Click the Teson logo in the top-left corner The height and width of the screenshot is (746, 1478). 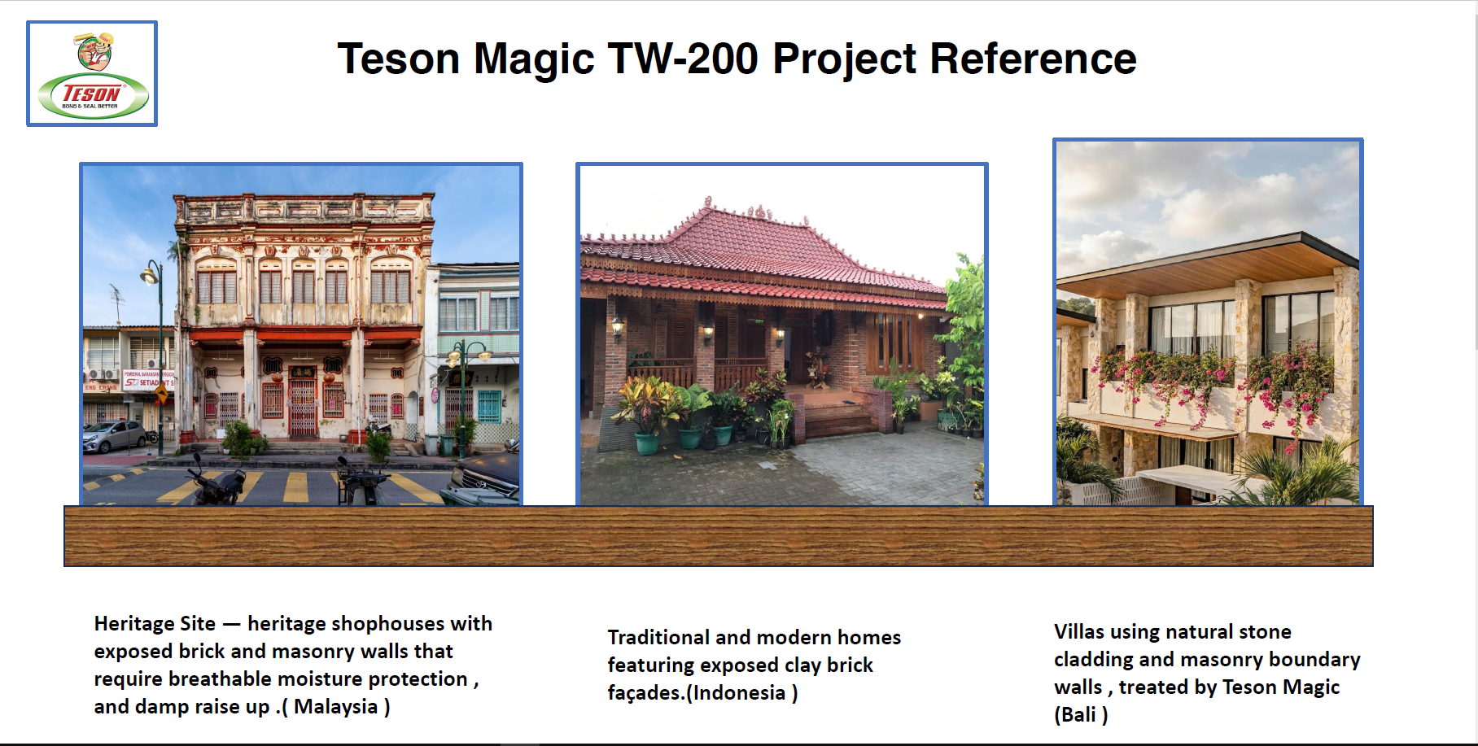click(x=92, y=74)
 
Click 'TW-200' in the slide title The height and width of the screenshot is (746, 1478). click(x=683, y=59)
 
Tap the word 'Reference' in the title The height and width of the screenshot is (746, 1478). click(x=1033, y=59)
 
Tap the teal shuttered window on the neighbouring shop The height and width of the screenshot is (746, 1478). click(x=489, y=406)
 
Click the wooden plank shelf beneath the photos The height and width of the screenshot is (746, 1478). click(x=719, y=536)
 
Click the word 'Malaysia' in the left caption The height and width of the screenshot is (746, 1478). click(x=336, y=706)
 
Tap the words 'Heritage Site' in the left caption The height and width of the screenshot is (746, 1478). click(x=155, y=623)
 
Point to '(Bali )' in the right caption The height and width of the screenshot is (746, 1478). click(x=1081, y=715)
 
